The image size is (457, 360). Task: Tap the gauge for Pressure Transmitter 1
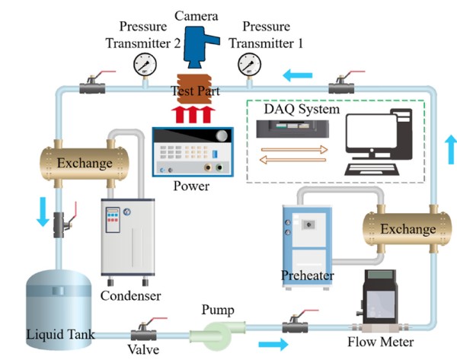point(248,62)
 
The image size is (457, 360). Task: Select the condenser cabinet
point(128,236)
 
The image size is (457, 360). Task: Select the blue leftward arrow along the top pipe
point(298,75)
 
